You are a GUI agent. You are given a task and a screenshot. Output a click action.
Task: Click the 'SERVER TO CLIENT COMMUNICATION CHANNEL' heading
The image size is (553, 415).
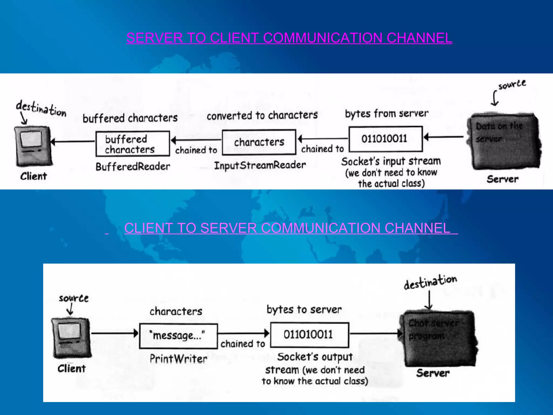click(289, 38)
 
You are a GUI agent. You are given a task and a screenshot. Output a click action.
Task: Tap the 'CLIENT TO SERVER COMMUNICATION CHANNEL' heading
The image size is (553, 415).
click(287, 228)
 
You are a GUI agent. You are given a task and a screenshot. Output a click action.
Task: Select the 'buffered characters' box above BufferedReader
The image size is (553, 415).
click(133, 144)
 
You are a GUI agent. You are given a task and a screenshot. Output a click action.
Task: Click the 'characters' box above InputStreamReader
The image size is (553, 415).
click(259, 142)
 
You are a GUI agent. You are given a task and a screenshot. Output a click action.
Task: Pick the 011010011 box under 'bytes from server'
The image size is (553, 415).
click(385, 139)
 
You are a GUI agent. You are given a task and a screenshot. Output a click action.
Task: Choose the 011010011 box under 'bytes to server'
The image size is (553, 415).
click(309, 335)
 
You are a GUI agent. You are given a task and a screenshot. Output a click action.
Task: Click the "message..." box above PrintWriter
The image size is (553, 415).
click(178, 336)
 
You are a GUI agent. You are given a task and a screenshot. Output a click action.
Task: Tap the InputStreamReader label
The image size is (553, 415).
click(260, 165)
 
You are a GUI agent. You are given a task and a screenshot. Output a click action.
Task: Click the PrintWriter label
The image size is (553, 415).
click(178, 359)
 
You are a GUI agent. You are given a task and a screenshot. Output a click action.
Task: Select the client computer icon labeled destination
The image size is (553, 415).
click(33, 146)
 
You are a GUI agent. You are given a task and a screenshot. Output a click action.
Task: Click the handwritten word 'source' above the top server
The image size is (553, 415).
click(512, 85)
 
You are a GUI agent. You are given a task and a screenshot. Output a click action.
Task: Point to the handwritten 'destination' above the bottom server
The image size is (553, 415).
click(430, 282)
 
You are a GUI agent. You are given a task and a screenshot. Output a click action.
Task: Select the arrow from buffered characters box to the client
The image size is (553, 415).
click(73, 141)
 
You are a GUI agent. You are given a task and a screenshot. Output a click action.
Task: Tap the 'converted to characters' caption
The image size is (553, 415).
click(262, 116)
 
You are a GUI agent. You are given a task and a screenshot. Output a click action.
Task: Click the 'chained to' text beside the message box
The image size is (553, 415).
click(242, 344)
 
